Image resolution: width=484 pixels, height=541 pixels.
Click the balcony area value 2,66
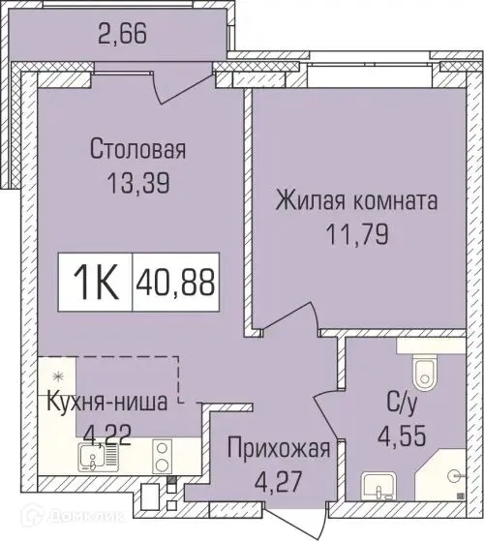130,39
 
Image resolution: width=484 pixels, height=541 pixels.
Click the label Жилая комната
356,202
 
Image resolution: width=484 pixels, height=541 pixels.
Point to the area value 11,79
356,234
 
